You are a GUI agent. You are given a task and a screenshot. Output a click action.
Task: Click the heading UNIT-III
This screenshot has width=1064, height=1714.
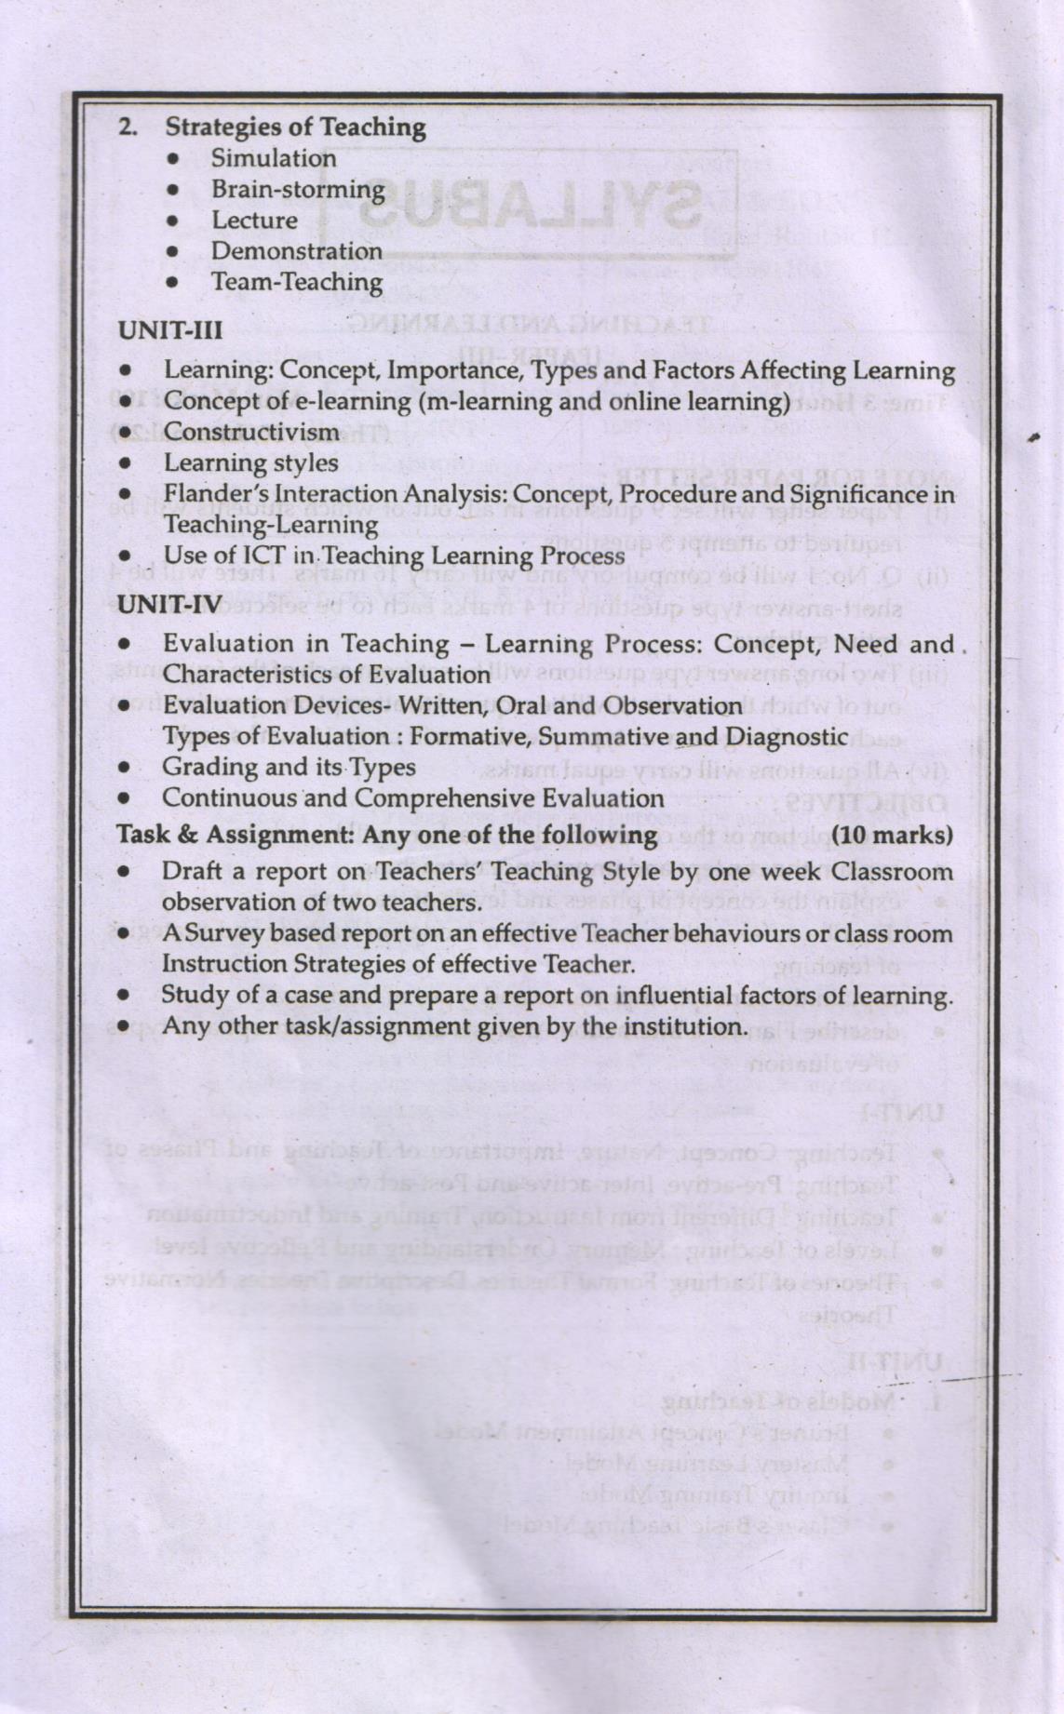[169, 329]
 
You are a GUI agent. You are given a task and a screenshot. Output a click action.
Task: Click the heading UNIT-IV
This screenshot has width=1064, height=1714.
[168, 605]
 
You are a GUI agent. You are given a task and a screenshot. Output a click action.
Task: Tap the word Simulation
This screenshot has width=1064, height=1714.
[274, 158]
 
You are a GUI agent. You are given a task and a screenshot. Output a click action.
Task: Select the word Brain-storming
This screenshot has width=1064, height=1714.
[298, 189]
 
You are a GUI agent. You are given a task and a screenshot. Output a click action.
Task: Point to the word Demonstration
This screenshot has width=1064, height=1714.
[296, 251]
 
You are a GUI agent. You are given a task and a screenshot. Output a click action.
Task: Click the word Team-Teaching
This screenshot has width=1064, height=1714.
[296, 282]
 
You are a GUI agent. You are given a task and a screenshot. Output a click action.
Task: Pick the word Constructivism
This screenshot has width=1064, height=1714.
[251, 433]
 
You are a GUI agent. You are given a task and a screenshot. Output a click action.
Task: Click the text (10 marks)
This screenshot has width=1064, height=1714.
[892, 834]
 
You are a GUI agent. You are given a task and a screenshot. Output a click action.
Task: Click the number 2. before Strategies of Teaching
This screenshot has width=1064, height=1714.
[128, 127]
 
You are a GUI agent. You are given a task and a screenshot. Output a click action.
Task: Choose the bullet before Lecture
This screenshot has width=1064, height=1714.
[172, 221]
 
